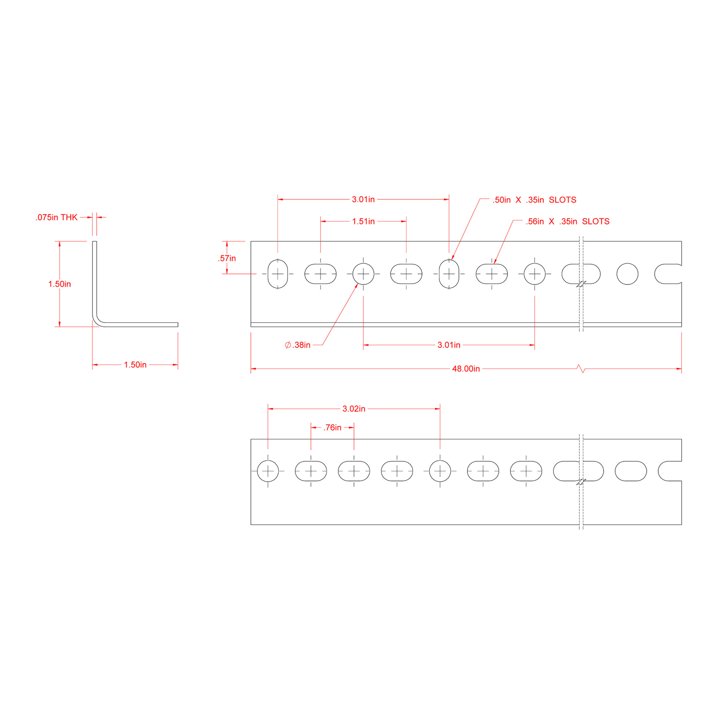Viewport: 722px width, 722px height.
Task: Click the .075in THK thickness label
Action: pos(56,217)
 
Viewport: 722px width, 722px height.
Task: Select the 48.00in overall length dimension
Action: pos(466,369)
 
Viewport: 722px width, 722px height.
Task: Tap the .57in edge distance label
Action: pos(227,258)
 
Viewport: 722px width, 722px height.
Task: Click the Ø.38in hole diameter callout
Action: pos(297,345)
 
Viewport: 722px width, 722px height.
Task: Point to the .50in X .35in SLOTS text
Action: pos(534,200)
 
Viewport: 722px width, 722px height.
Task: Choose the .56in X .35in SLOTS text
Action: pos(567,222)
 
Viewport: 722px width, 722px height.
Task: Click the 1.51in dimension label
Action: pos(363,222)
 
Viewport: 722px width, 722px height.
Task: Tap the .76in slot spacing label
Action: pos(332,427)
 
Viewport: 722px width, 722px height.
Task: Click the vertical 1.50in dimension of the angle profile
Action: pos(60,284)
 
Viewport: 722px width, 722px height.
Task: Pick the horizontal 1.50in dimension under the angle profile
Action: pos(135,365)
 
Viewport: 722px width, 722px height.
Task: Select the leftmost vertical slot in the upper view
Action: pos(278,274)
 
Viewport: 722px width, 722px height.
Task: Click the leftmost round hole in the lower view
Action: pos(268,471)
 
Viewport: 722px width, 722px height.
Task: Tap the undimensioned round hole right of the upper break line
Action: pos(627,274)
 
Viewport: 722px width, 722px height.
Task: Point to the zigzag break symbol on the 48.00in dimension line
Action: pos(581,369)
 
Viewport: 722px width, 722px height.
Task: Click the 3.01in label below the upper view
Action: pos(448,345)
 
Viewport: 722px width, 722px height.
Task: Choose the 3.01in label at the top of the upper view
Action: pos(363,200)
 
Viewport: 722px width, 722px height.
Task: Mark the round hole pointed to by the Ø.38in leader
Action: pos(363,274)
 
